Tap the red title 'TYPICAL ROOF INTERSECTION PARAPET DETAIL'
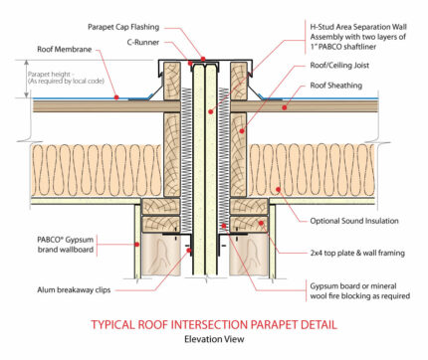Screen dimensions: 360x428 pos(213,323)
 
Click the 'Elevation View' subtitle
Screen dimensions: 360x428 pos(213,340)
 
